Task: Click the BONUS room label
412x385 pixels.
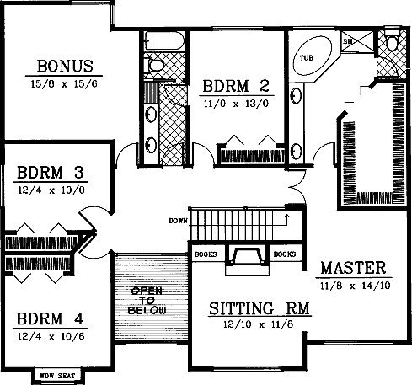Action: coord(65,67)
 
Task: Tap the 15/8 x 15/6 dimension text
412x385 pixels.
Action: coord(64,83)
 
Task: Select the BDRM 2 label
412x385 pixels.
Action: coord(236,86)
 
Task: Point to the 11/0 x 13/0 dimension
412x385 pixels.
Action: coord(236,104)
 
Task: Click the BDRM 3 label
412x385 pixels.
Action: coord(51,173)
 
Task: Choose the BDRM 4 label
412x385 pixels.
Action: coord(50,318)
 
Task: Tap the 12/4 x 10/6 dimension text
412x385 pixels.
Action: coord(51,336)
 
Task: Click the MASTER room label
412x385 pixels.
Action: coord(353,268)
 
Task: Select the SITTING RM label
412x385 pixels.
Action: coord(260,308)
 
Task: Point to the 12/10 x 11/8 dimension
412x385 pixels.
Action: coord(259,324)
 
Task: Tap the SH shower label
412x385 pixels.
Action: coord(347,41)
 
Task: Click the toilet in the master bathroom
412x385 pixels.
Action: coord(392,40)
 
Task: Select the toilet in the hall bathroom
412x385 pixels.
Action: coord(153,66)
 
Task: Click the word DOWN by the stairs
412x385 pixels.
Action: coord(178,221)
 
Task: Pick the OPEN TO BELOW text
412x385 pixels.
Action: coord(147,301)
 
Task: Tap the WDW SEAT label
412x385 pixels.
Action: coord(57,376)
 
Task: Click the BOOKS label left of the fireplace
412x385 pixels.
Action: coord(206,254)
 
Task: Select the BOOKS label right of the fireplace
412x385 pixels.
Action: coord(285,254)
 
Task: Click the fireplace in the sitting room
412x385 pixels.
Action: coord(248,259)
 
